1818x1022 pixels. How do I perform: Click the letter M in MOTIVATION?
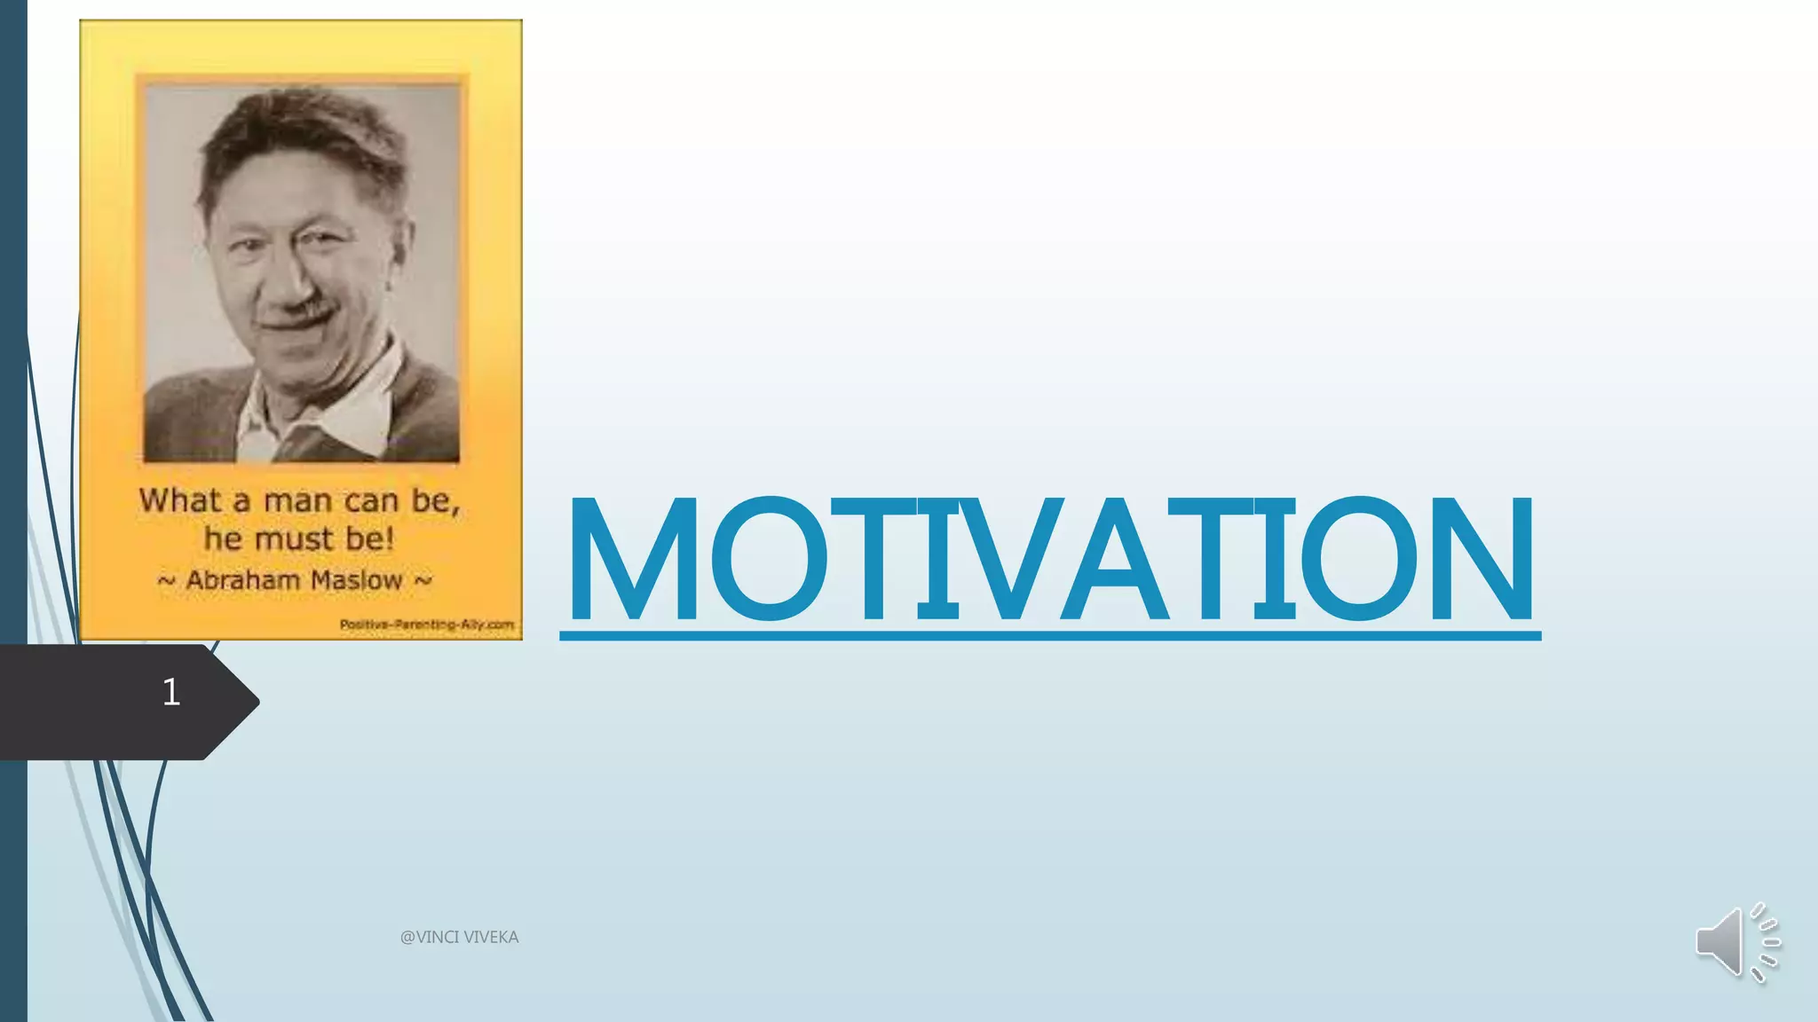pyautogui.click(x=633, y=559)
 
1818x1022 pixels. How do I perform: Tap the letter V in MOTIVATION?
pyautogui.click(x=1009, y=559)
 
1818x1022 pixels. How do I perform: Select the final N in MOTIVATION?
pyautogui.click(x=1482, y=559)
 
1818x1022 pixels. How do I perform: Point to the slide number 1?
pyautogui.click(x=171, y=692)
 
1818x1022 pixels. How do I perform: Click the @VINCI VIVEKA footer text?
pyautogui.click(x=459, y=937)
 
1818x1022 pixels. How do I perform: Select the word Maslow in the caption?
pyautogui.click(x=357, y=581)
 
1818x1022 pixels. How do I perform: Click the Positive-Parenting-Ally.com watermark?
pyautogui.click(x=426, y=625)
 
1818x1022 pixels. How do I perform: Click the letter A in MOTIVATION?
pyautogui.click(x=1114, y=559)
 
